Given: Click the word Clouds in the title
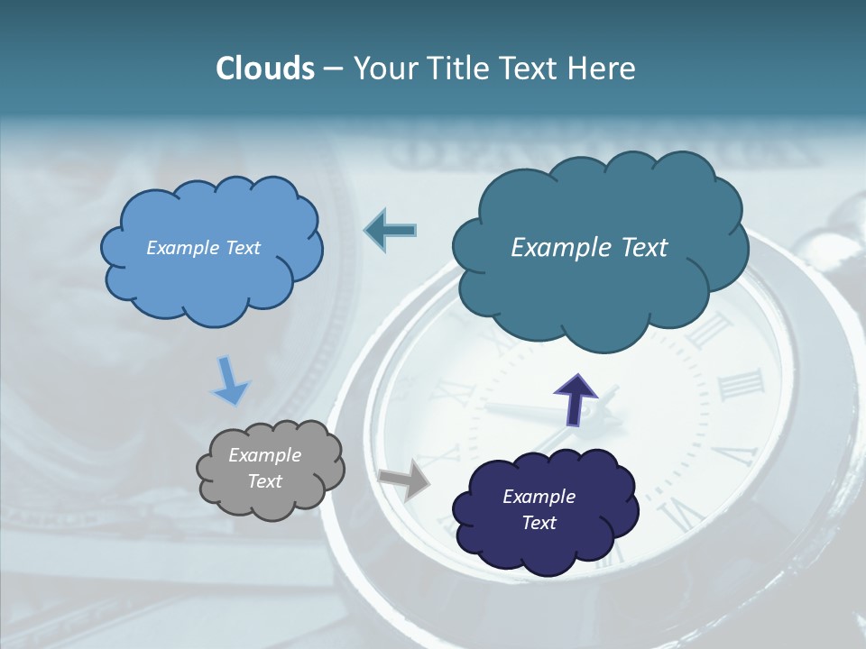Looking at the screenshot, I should tap(265, 69).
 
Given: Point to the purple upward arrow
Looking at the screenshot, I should tap(575, 398).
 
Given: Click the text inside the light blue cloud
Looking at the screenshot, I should tap(203, 248).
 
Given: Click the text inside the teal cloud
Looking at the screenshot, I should tap(589, 248).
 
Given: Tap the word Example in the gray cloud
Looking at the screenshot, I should tap(264, 456).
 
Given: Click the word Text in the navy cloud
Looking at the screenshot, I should tap(539, 524).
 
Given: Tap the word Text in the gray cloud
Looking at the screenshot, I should tap(264, 482).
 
